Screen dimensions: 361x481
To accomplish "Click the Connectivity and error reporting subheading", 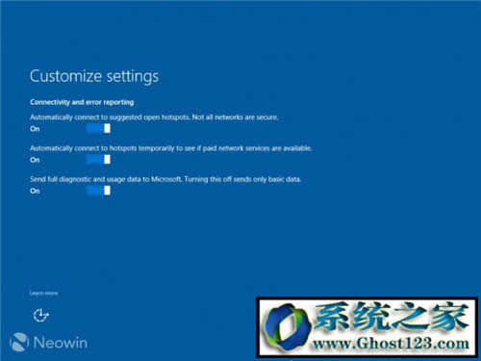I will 81,101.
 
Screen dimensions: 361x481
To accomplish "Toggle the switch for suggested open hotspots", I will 97,128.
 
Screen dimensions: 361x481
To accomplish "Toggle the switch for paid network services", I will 97,160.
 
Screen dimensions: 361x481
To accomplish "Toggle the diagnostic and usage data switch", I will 97,191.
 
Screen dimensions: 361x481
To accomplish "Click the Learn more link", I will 43,292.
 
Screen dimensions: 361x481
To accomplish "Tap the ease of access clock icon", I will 40,315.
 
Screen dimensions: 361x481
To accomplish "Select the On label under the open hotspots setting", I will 35,128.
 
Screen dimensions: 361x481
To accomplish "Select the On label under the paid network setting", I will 35,160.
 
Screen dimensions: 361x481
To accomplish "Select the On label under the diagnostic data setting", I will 35,191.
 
